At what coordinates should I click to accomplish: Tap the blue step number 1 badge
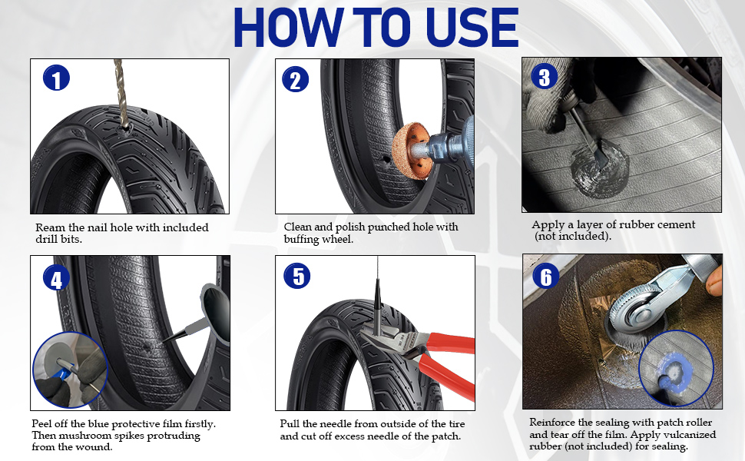pyautogui.click(x=57, y=78)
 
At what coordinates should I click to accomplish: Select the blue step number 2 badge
pyautogui.click(x=296, y=79)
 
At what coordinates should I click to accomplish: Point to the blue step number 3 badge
pyautogui.click(x=544, y=77)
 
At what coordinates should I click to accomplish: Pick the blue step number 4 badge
pyautogui.click(x=57, y=277)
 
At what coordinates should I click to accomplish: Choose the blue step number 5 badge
pyautogui.click(x=297, y=276)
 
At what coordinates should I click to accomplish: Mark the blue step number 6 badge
pyautogui.click(x=546, y=276)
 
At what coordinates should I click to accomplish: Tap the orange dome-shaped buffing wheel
pyautogui.click(x=412, y=151)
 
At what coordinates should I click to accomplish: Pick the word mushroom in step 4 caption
pyautogui.click(x=84, y=436)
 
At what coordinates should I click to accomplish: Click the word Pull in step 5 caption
pyautogui.click(x=290, y=423)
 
